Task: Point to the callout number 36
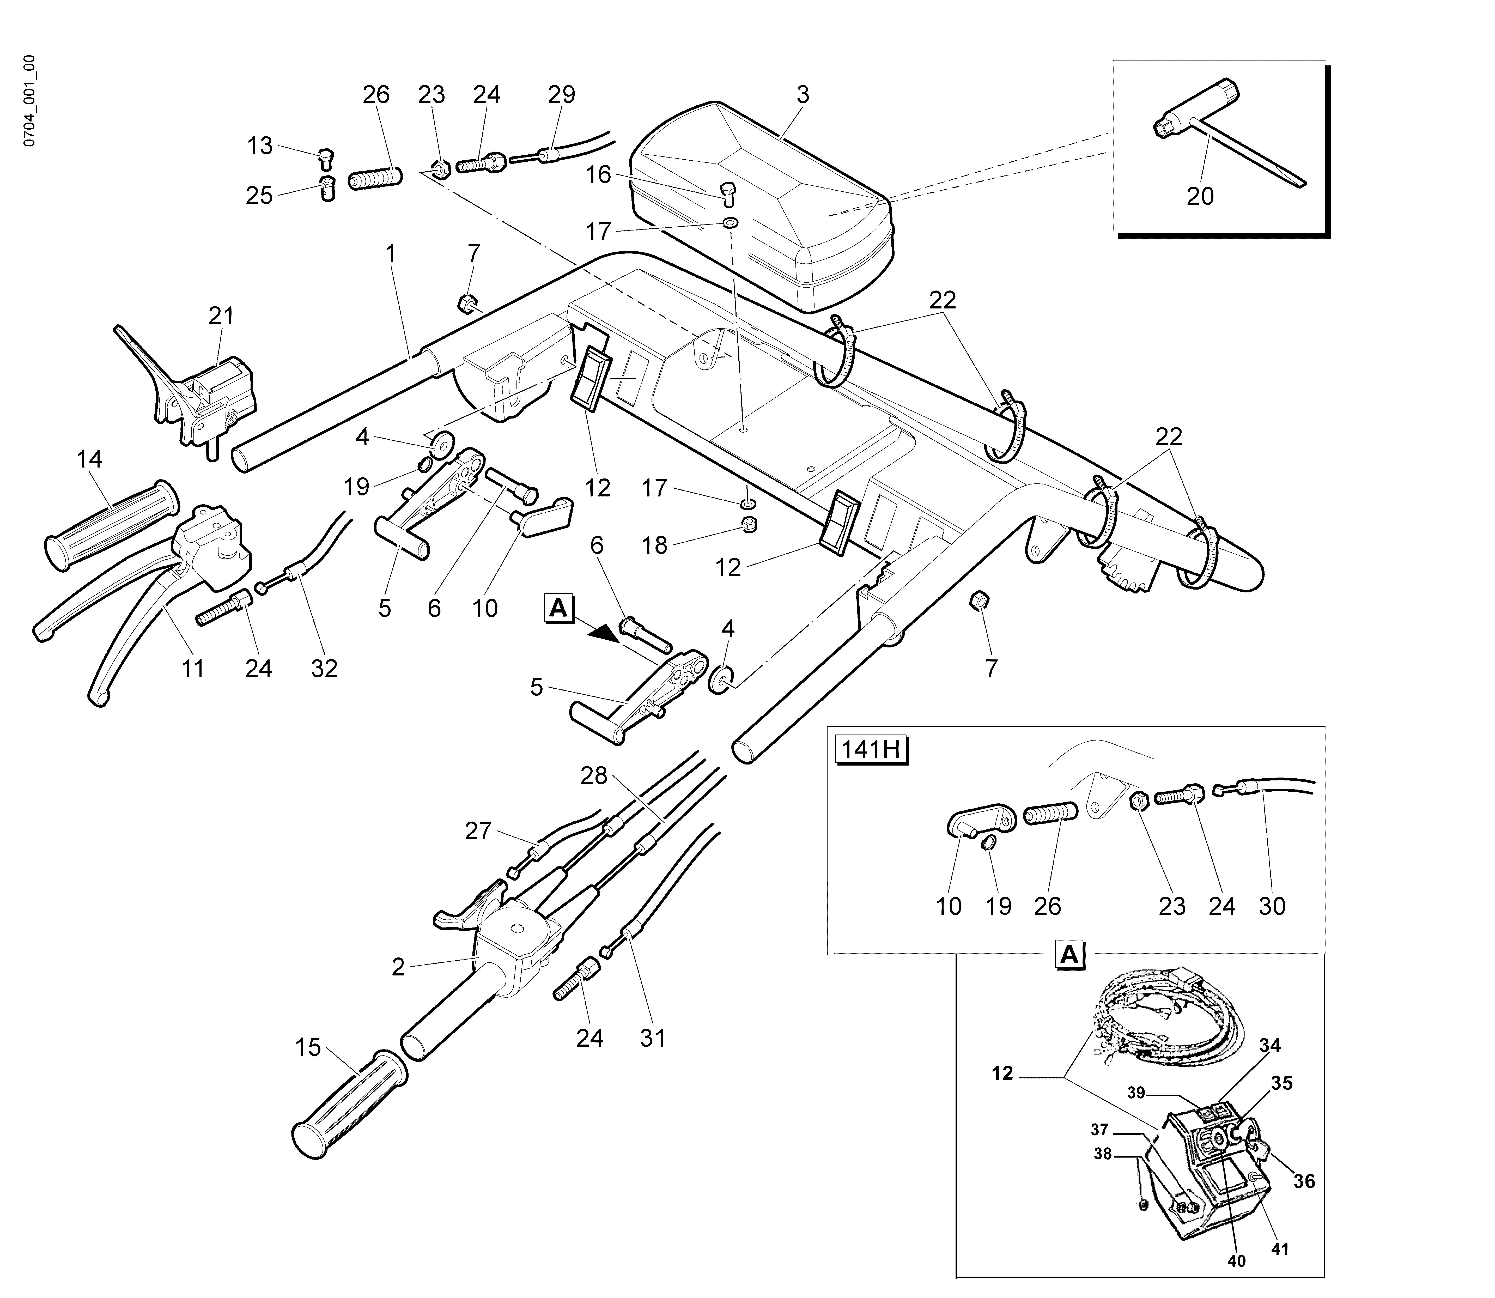tap(1304, 1181)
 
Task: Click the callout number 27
tap(478, 831)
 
